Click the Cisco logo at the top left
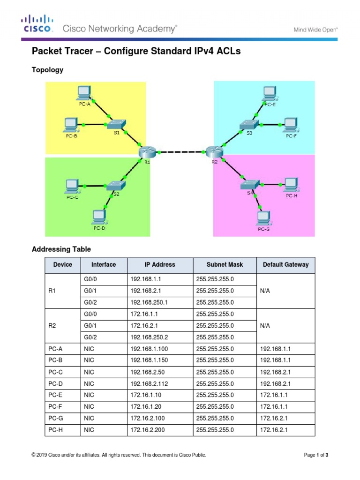(x=36, y=24)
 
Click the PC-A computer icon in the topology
(x=84, y=92)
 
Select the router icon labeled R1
(x=147, y=152)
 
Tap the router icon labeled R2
(x=214, y=151)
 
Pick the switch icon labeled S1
(x=116, y=125)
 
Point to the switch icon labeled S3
(x=248, y=124)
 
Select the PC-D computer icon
(x=99, y=217)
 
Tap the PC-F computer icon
(x=291, y=124)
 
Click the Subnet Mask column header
(x=225, y=265)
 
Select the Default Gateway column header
(x=285, y=265)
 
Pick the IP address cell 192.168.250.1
(x=149, y=303)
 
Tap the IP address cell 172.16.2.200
(x=149, y=429)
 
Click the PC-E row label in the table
(x=55, y=395)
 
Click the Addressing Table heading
(x=61, y=249)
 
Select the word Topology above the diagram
(x=47, y=70)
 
